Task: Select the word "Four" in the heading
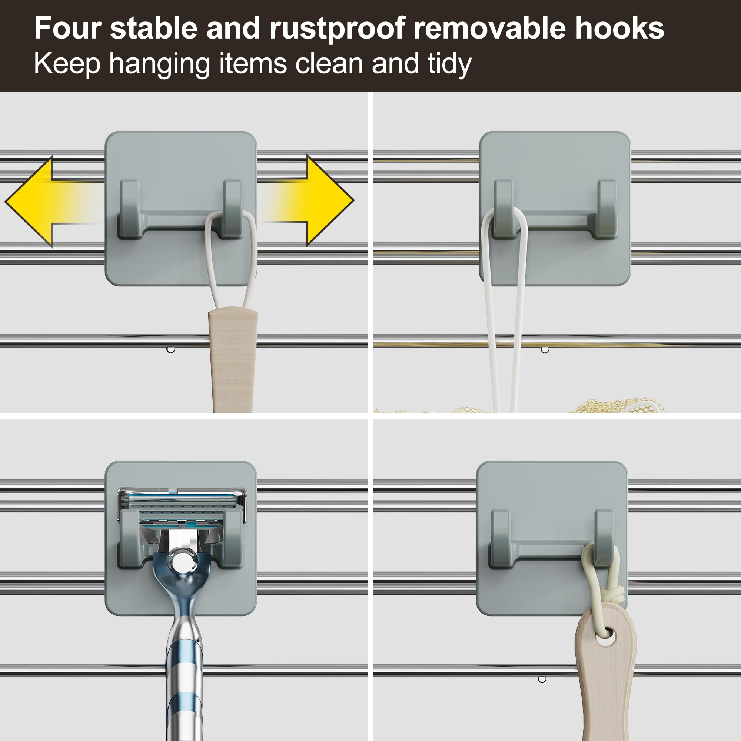click(x=68, y=28)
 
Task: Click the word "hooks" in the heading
click(x=619, y=28)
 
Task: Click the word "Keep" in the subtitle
click(x=67, y=64)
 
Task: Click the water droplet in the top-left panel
click(x=171, y=349)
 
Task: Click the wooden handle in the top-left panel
click(x=233, y=359)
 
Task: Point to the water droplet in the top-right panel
click(x=545, y=349)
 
